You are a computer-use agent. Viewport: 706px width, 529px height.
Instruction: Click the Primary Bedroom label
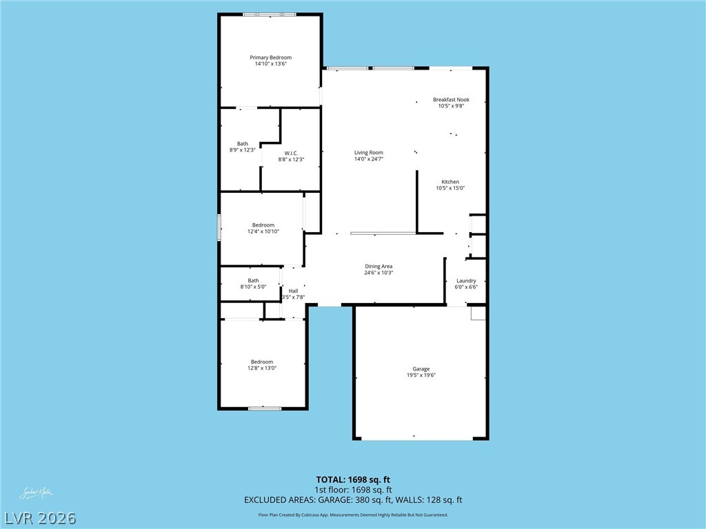(270, 58)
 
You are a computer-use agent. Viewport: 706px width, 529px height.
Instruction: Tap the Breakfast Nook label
(451, 100)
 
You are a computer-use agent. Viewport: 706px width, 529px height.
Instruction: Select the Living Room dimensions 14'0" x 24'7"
(368, 159)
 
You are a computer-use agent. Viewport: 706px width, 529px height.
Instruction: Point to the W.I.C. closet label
(291, 153)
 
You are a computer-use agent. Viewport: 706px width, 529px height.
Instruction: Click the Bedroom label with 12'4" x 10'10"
(263, 225)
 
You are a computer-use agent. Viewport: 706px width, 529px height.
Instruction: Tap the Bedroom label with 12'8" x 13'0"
(262, 362)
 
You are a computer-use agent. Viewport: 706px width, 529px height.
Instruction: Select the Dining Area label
(379, 266)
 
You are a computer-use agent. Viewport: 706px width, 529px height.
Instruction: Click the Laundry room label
(466, 281)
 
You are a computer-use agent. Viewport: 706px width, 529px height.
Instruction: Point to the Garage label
(421, 369)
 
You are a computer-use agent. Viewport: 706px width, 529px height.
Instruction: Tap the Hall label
(294, 291)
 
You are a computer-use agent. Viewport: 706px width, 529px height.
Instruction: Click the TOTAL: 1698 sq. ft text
(353, 479)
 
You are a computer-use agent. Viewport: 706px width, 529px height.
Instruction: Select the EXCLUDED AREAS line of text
(353, 500)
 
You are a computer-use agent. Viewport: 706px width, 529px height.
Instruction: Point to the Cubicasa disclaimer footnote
(353, 515)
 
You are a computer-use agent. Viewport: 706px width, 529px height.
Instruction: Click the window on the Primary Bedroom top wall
(270, 14)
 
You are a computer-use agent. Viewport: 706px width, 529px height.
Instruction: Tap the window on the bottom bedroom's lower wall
(265, 408)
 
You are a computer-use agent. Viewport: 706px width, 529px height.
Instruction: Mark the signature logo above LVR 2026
(36, 493)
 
